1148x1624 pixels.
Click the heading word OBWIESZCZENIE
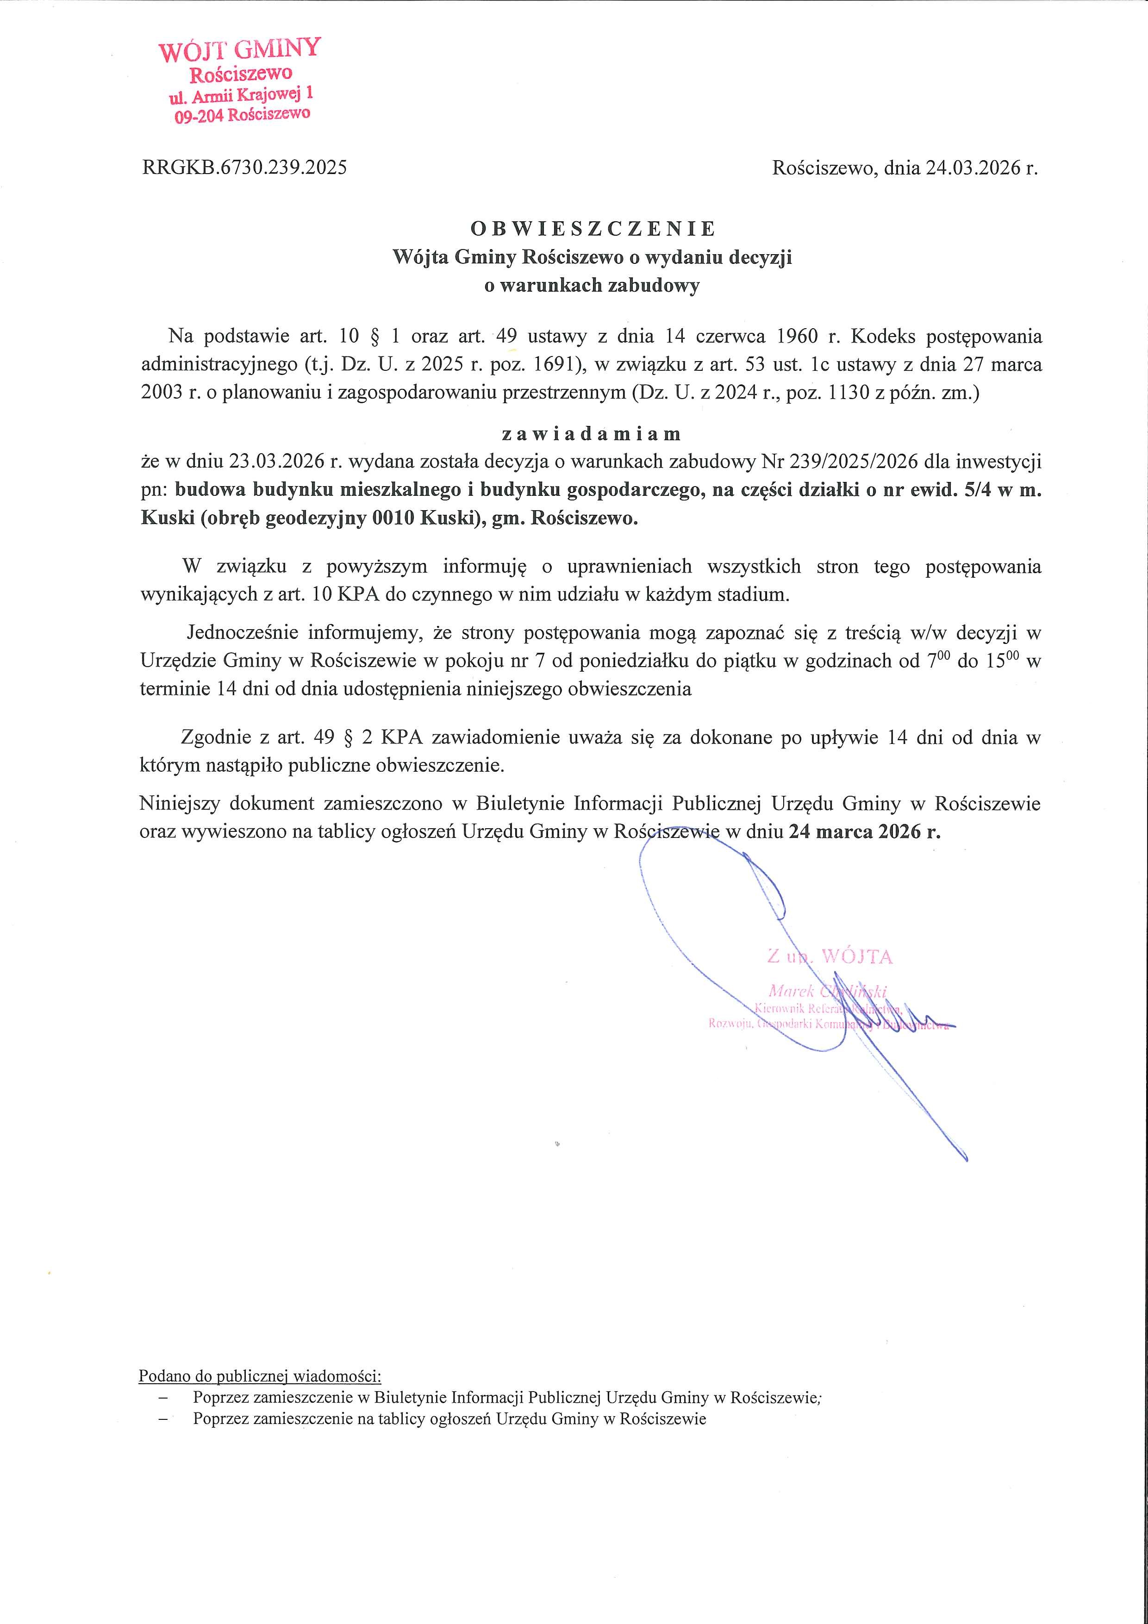click(x=593, y=229)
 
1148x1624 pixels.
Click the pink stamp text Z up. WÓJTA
click(x=830, y=957)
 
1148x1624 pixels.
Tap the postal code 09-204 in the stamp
click(x=199, y=116)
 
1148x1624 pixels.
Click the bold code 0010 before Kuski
click(x=388, y=519)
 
